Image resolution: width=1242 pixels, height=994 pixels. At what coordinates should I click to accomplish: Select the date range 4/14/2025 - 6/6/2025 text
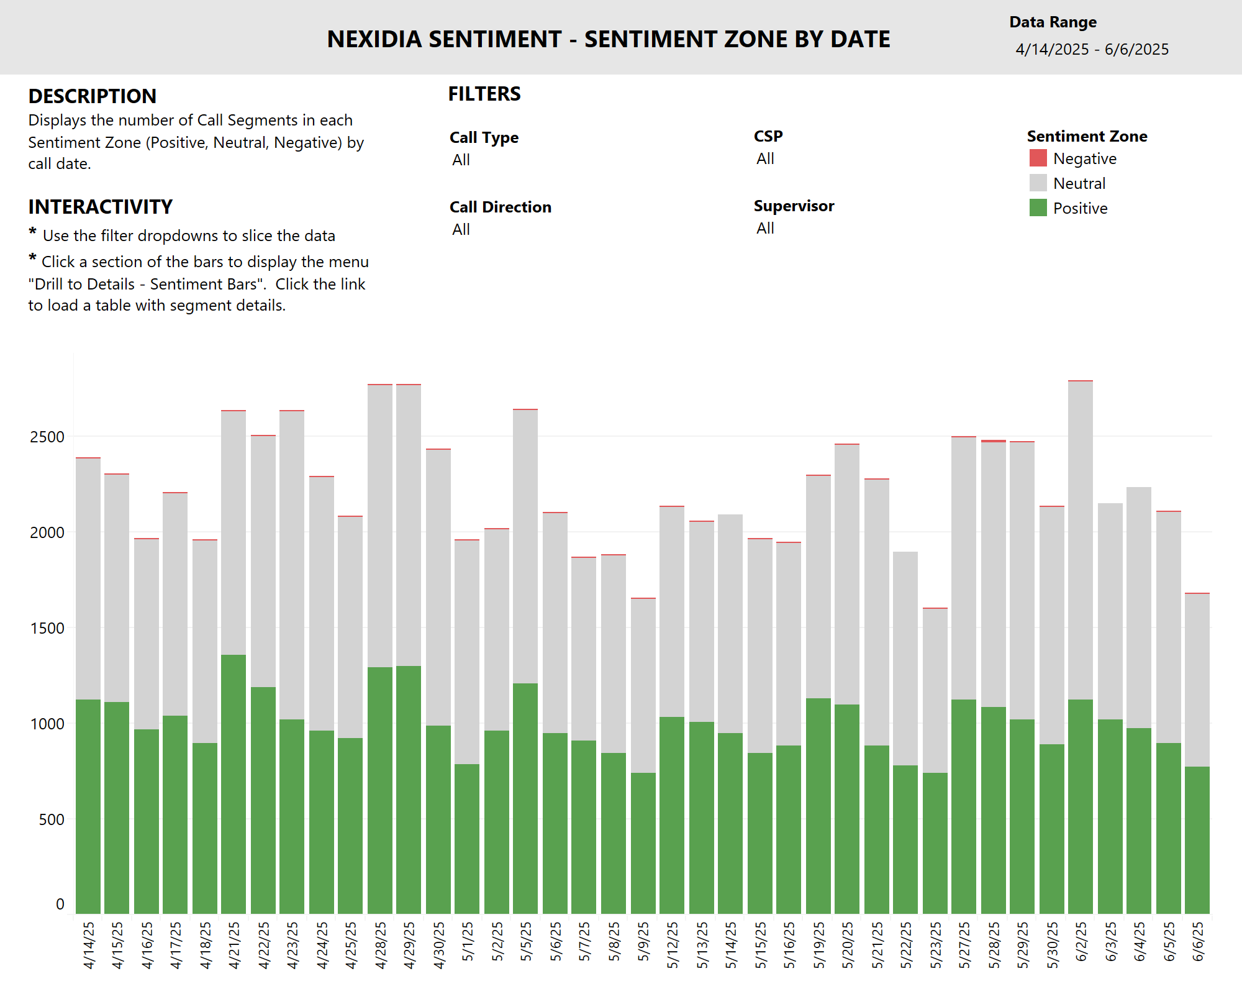click(x=1092, y=50)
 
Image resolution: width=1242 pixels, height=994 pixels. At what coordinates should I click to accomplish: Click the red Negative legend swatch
click(x=1038, y=158)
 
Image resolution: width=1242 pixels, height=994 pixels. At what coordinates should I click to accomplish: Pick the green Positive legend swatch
click(x=1038, y=208)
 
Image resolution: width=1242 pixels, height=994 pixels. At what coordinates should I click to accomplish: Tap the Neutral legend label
click(x=1079, y=183)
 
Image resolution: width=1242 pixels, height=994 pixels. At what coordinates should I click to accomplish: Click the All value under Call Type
click(x=461, y=160)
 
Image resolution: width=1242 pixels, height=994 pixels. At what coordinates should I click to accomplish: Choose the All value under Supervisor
click(x=765, y=229)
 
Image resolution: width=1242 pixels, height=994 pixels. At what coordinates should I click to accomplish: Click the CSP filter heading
click(x=768, y=136)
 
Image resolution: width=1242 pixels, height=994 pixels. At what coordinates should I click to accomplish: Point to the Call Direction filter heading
click(x=500, y=207)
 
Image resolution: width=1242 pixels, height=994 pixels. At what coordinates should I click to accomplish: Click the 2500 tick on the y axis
click(x=47, y=437)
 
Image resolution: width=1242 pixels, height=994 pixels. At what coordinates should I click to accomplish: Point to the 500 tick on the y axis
click(x=51, y=819)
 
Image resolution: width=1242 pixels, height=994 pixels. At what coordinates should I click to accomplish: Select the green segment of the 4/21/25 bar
click(x=233, y=783)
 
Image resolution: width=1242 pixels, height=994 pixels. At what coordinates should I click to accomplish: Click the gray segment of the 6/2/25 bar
click(x=1081, y=540)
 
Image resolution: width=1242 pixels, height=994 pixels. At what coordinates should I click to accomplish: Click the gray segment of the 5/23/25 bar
click(x=935, y=690)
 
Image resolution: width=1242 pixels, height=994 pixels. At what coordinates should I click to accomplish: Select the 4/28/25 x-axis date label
click(x=381, y=944)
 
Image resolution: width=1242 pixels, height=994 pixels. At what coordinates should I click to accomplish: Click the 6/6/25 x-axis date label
click(x=1198, y=941)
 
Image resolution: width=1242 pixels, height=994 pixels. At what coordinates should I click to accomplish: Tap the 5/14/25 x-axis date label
click(x=731, y=944)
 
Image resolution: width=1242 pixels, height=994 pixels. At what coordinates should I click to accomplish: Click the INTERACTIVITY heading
click(x=100, y=207)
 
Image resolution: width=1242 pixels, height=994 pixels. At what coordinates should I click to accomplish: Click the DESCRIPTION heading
click(x=92, y=96)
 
